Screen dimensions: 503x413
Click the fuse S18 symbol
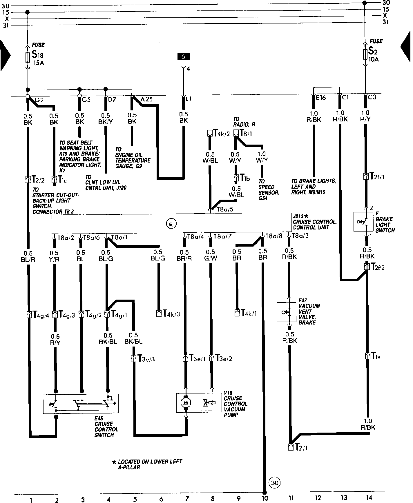tap(28, 58)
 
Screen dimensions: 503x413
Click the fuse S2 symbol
tap(365, 54)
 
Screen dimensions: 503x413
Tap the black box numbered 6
tap(183, 57)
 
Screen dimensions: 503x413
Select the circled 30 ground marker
tap(275, 482)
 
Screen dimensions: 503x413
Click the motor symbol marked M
tap(185, 402)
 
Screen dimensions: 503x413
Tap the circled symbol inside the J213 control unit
tap(171, 223)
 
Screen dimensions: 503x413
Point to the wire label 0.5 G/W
tap(211, 255)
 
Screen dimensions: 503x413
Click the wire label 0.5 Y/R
tap(54, 256)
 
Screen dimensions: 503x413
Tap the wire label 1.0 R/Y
tap(365, 116)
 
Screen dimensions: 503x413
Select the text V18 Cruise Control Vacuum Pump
tap(235, 404)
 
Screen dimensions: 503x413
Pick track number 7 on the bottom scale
tap(187, 499)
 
